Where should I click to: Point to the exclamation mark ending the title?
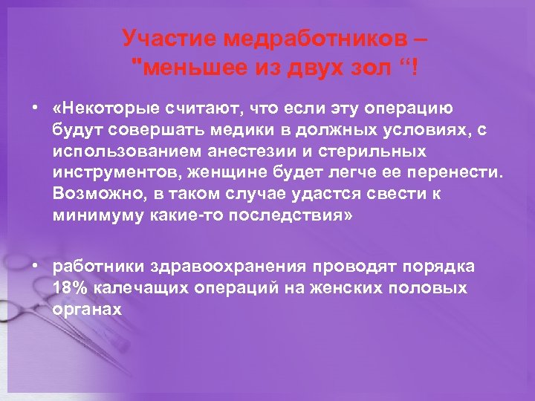click(x=414, y=69)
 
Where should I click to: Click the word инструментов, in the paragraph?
click(x=117, y=173)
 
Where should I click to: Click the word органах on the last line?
click(x=87, y=308)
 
